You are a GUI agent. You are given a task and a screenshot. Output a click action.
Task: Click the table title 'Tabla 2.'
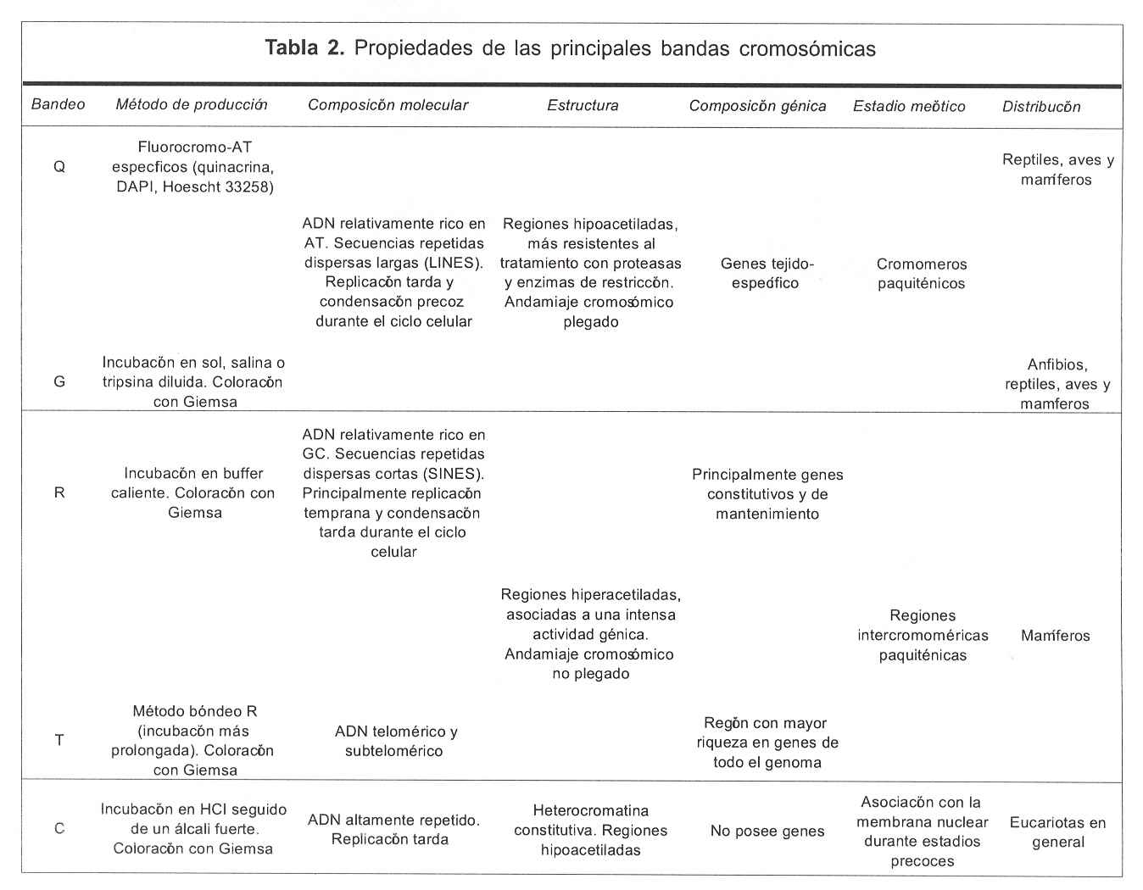pos(304,48)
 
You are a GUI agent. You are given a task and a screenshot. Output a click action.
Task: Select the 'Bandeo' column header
pos(58,104)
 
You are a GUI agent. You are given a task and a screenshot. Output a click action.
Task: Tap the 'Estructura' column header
pos(583,106)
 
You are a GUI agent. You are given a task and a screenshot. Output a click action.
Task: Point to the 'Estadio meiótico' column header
pos(909,106)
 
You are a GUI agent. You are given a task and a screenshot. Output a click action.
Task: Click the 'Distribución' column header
pos(1041,107)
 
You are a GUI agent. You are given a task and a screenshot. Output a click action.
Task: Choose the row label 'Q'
pos(59,167)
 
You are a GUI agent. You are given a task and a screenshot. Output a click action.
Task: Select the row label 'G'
pos(59,381)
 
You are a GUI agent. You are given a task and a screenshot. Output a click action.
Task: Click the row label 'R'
pos(59,492)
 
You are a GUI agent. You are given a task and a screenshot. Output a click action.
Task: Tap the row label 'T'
pos(59,740)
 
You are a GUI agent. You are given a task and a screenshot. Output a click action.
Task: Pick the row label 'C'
pos(59,828)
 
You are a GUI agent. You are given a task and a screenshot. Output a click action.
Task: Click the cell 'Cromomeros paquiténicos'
pos(922,274)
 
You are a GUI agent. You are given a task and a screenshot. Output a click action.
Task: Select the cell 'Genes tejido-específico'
pos(767,273)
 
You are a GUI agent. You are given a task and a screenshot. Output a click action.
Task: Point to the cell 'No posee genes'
pos(767,831)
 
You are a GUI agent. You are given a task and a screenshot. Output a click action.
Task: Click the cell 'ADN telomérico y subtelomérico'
pos(395,741)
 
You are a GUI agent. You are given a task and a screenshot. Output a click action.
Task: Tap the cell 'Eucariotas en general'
pos(1057,832)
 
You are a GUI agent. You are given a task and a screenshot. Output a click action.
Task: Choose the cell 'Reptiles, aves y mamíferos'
pos(1057,170)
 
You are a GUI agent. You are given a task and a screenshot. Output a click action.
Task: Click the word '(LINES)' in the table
pos(454,263)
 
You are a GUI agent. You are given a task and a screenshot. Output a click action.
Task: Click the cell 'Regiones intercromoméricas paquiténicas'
pos(923,635)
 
